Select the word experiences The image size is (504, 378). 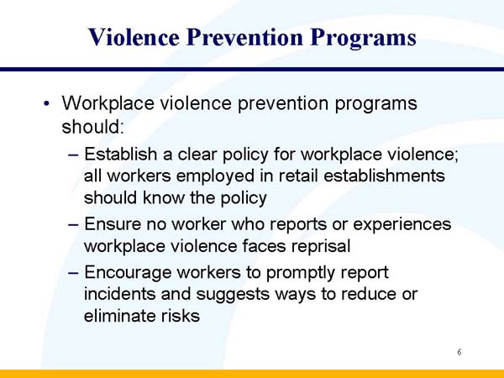(x=398, y=225)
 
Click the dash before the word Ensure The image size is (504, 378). (x=73, y=225)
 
